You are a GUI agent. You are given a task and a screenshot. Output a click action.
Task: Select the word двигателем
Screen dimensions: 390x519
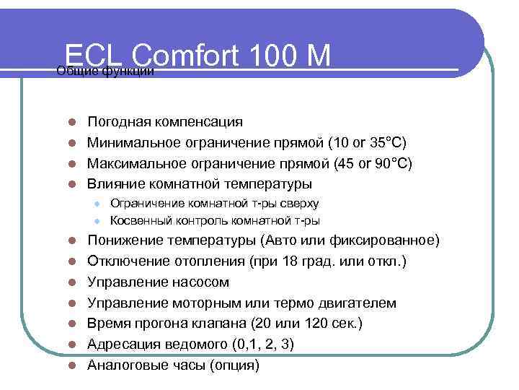(355, 303)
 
